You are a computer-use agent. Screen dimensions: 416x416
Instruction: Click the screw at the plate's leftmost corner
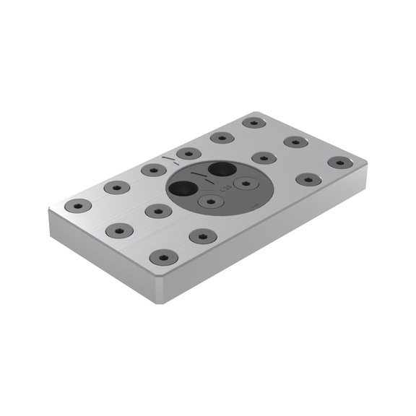point(78,205)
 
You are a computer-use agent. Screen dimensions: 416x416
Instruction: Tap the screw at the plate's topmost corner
point(254,122)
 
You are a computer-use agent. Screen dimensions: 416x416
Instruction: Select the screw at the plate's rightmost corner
point(338,162)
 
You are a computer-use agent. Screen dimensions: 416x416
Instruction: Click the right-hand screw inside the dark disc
point(246,183)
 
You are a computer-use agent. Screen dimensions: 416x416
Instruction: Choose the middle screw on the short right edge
point(296,142)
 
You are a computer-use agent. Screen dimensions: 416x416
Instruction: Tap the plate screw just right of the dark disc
point(261,157)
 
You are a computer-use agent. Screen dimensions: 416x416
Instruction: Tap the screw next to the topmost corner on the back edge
point(221,137)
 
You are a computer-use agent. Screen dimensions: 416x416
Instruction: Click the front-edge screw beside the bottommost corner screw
point(201,236)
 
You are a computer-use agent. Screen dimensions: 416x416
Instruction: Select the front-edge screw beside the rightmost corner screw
point(307,178)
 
